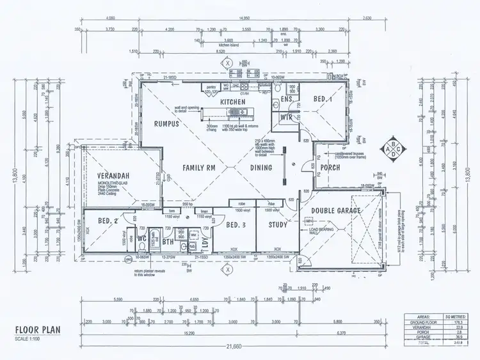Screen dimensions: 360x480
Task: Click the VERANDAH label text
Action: pyautogui.click(x=115, y=176)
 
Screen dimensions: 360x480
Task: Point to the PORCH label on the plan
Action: pyautogui.click(x=330, y=168)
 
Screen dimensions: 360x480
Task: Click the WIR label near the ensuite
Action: pyautogui.click(x=287, y=118)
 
